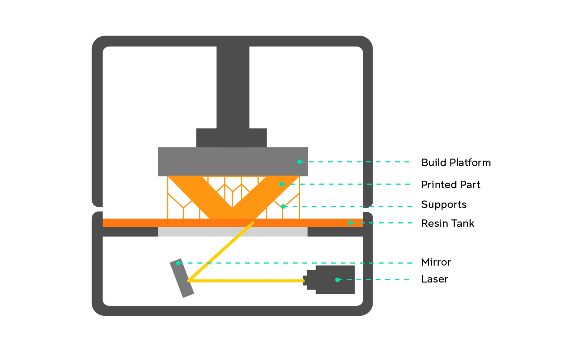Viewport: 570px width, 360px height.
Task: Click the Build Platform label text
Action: (x=456, y=163)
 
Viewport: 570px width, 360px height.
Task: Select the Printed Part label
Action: (x=451, y=184)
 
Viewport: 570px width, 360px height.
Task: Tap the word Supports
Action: (x=444, y=204)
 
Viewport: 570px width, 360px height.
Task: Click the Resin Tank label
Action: (x=448, y=223)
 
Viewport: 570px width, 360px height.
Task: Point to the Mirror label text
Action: (x=436, y=262)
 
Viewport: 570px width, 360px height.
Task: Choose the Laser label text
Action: (x=435, y=279)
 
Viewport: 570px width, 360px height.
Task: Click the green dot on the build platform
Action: (x=299, y=162)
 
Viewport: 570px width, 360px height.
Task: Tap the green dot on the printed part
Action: (x=281, y=184)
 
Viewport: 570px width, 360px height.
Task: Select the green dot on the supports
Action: (x=283, y=206)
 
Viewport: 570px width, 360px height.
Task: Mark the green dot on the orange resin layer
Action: (x=350, y=223)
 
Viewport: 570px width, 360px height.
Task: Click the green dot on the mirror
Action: (x=178, y=263)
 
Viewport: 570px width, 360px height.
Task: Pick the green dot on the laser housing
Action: (x=337, y=280)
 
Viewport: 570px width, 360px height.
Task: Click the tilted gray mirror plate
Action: (x=182, y=278)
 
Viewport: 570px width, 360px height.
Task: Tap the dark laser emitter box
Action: (x=335, y=280)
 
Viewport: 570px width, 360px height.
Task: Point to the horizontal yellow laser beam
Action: (x=247, y=281)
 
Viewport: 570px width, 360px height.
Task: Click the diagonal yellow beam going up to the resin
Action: (x=221, y=252)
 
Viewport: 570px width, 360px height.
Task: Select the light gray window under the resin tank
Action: (x=233, y=232)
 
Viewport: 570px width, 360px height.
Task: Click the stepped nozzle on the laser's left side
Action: (x=309, y=280)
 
